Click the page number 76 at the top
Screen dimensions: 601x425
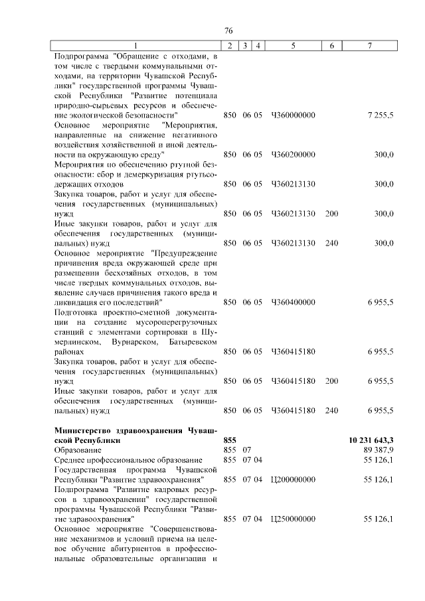coord(228,31)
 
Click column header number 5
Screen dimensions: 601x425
coord(293,45)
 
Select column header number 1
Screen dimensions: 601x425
coord(136,45)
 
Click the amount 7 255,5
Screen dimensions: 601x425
coord(381,116)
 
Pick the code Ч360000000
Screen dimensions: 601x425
coord(293,116)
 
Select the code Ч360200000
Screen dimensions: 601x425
coord(293,154)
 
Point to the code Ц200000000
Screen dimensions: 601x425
coord(293,479)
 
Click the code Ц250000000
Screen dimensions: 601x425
coord(293,518)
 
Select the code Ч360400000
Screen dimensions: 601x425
coord(293,301)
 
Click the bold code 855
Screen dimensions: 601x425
coord(230,440)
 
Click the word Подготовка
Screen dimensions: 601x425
coord(78,311)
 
